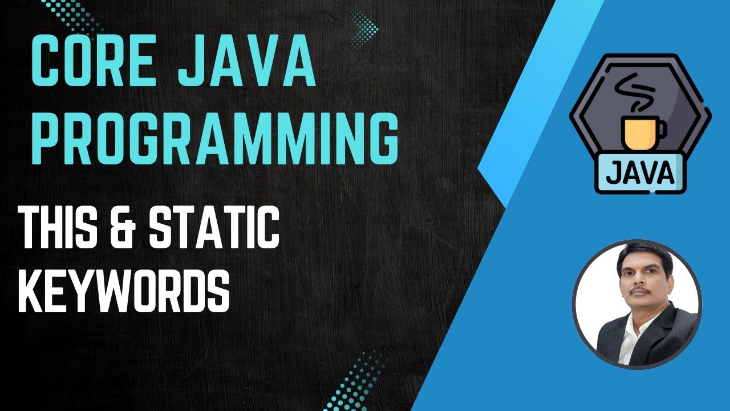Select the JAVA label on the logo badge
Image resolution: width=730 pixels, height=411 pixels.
639,173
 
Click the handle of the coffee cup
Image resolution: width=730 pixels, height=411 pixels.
659,131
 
